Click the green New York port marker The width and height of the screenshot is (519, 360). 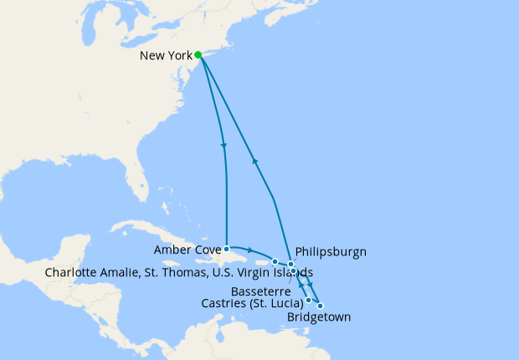[x=198, y=55]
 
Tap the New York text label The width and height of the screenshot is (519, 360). [x=165, y=55]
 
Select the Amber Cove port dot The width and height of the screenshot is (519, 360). [x=227, y=249]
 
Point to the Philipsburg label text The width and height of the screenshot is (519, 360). [x=331, y=251]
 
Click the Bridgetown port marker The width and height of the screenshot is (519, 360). [x=320, y=306]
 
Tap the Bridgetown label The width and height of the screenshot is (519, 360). [x=318, y=317]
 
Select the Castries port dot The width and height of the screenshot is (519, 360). [x=309, y=300]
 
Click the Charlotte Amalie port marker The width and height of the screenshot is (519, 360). [x=275, y=262]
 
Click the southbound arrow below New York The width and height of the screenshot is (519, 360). [x=224, y=147]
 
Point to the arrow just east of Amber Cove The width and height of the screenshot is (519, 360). [x=251, y=250]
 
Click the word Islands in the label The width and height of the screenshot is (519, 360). [x=291, y=273]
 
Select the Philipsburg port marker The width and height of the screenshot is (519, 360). [x=291, y=265]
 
